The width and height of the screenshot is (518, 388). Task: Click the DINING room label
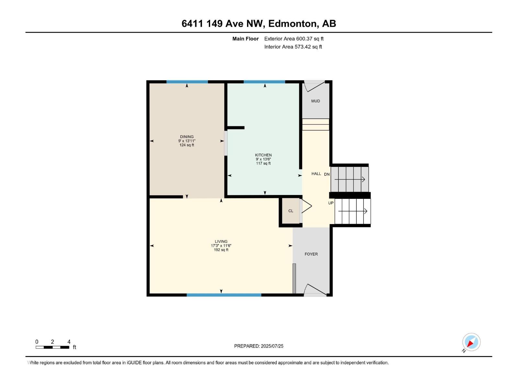pyautogui.click(x=187, y=137)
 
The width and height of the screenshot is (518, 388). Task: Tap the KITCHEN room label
pyautogui.click(x=263, y=155)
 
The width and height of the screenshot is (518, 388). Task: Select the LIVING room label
pyautogui.click(x=221, y=242)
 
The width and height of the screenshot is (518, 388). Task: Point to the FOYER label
pyautogui.click(x=311, y=254)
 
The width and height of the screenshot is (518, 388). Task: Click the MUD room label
pyautogui.click(x=316, y=101)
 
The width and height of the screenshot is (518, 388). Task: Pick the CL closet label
pyautogui.click(x=291, y=211)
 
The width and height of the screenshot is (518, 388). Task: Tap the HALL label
pyautogui.click(x=316, y=174)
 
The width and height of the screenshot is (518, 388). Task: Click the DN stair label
pyautogui.click(x=327, y=174)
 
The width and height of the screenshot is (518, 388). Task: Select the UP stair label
pyautogui.click(x=331, y=203)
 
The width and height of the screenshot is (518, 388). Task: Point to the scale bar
pyautogui.click(x=52, y=347)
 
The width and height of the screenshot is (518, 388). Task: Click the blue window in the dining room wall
pyautogui.click(x=187, y=82)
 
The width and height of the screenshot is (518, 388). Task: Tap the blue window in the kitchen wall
pyautogui.click(x=264, y=82)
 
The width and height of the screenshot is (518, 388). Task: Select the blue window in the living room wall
pyautogui.click(x=224, y=295)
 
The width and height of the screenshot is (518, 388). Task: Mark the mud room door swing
pyautogui.click(x=314, y=86)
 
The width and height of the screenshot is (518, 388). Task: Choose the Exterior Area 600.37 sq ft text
pyautogui.click(x=294, y=39)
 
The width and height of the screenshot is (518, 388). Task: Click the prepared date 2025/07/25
pyautogui.click(x=259, y=346)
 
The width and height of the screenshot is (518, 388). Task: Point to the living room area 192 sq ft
pyautogui.click(x=221, y=250)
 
